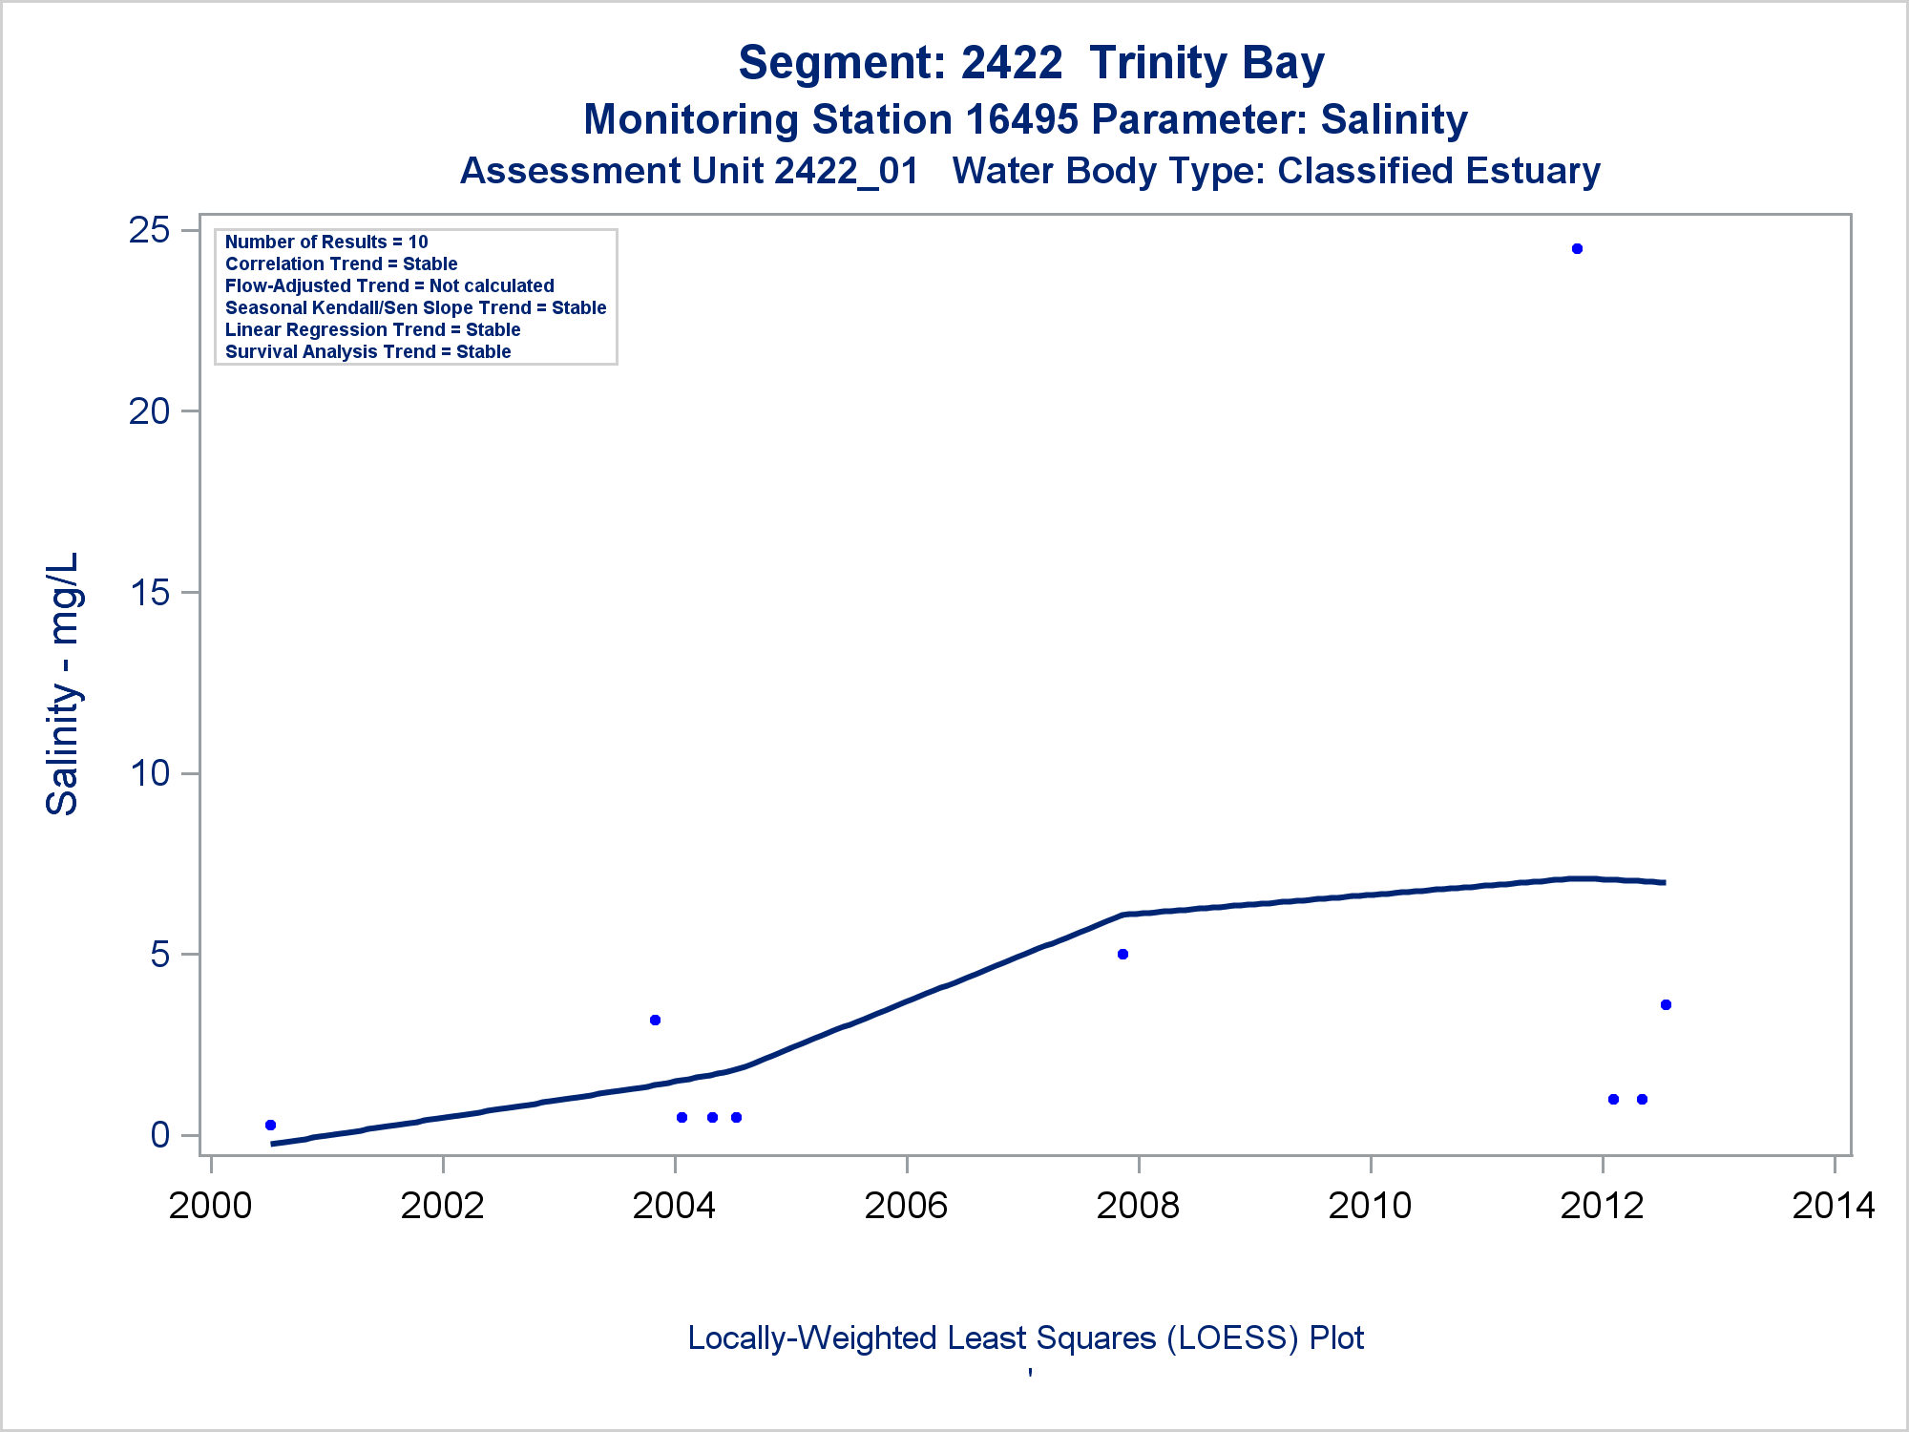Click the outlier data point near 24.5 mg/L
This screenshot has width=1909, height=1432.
pos(1577,249)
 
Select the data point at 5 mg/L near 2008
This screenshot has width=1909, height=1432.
pos(1122,955)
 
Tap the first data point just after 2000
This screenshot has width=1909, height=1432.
pos(270,1126)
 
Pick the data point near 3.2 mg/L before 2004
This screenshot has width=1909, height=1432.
pos(655,1021)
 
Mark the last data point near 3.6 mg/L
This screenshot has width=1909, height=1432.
pos(1666,1005)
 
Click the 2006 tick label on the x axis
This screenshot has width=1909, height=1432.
pos(906,1207)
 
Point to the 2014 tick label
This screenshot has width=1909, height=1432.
pos(1834,1207)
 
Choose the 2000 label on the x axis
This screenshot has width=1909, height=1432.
pos(210,1207)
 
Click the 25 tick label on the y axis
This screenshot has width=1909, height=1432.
pos(149,230)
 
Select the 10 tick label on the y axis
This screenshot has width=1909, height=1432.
pos(149,773)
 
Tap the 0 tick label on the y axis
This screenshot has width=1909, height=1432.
pos(159,1135)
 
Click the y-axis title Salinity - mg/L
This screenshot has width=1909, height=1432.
pos(63,684)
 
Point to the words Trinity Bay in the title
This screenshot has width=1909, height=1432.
pos(1206,63)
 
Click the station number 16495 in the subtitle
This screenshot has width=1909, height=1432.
pos(1021,120)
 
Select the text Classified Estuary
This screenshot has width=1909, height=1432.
pos(1438,172)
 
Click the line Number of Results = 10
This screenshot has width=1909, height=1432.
pos(326,242)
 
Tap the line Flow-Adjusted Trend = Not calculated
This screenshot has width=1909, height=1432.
pos(389,286)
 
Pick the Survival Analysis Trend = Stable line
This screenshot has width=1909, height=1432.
pos(367,352)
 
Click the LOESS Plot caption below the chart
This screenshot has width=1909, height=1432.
pos(1025,1338)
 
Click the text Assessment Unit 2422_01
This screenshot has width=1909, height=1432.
pos(689,172)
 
